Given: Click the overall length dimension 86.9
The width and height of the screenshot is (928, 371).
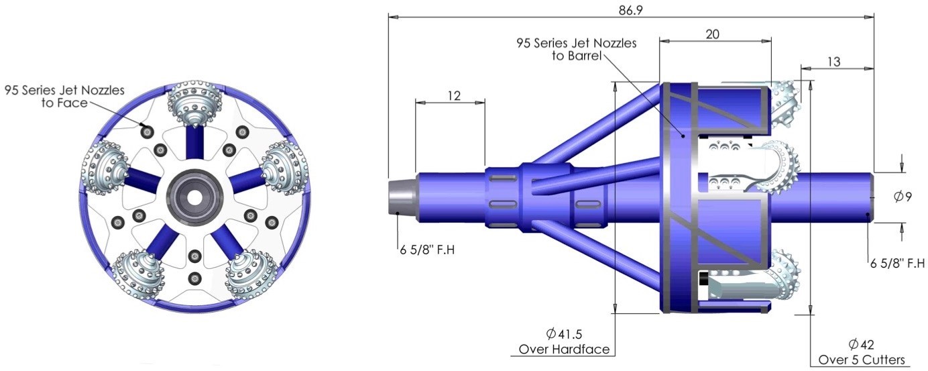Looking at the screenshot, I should tap(630, 8).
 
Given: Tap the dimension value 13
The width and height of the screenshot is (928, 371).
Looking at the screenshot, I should tap(833, 62).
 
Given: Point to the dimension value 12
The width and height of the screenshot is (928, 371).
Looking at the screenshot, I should tap(453, 96).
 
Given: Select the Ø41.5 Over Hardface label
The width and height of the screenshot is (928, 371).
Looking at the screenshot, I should tap(568, 341).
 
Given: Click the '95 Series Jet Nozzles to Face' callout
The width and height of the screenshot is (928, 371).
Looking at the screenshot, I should tap(64, 97).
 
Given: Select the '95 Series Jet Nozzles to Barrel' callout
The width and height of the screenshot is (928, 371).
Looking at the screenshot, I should tap(577, 49).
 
